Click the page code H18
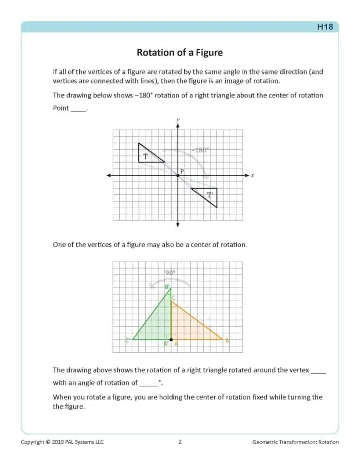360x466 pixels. pyautogui.click(x=325, y=27)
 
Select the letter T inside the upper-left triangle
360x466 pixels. pyautogui.click(x=145, y=156)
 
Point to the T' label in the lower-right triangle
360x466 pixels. pyautogui.click(x=210, y=195)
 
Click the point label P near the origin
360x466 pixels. pyautogui.click(x=182, y=171)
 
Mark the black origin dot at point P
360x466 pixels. pyautogui.click(x=178, y=176)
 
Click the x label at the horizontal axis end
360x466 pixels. pyautogui.click(x=252, y=175)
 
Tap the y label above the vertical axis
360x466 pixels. pyautogui.click(x=178, y=120)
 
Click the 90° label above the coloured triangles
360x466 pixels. pyautogui.click(x=170, y=273)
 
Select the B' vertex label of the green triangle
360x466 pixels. pyautogui.click(x=167, y=287)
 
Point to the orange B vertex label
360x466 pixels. pyautogui.click(x=226, y=340)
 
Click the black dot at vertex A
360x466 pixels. pyautogui.click(x=171, y=339)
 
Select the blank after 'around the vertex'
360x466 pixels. pyautogui.click(x=318, y=371)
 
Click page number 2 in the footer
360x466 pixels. pyautogui.click(x=180, y=442)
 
